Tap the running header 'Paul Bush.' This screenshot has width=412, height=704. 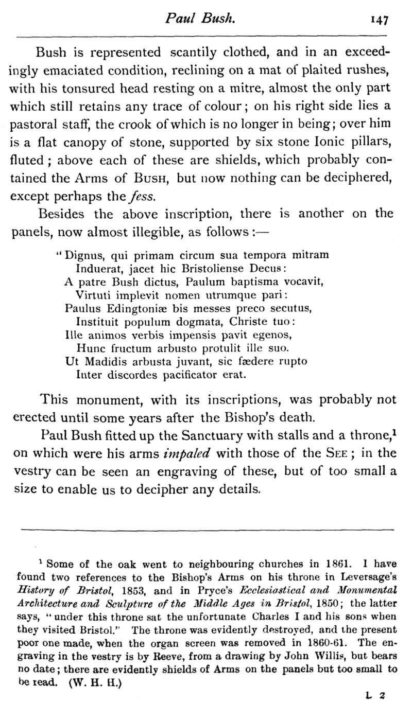pyautogui.click(x=200, y=20)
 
